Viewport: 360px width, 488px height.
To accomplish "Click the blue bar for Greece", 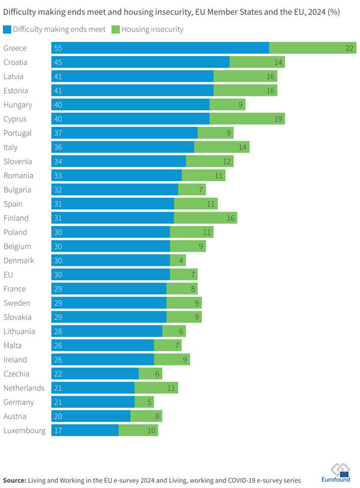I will (160, 48).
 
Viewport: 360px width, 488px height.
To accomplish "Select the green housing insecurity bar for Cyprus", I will (247, 119).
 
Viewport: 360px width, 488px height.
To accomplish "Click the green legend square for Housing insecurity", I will (115, 29).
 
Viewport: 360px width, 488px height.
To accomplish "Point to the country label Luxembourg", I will (24, 430).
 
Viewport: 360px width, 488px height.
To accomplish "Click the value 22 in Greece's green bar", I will (350, 48).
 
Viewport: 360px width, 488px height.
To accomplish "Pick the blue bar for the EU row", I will (111, 275).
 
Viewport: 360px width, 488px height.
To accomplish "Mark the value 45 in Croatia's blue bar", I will (58, 62).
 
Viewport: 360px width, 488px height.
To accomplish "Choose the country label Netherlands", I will (24, 388).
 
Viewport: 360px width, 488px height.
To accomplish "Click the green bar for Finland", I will (205, 218).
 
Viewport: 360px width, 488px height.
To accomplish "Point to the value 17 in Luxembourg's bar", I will (58, 430).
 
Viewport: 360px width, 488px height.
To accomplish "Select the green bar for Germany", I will (144, 402).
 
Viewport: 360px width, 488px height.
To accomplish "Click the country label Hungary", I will (18, 105).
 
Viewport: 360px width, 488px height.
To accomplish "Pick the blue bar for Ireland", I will (103, 359).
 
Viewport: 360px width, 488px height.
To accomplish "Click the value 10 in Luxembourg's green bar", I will (152, 430).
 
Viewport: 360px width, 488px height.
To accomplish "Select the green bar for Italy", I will (222, 147).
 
